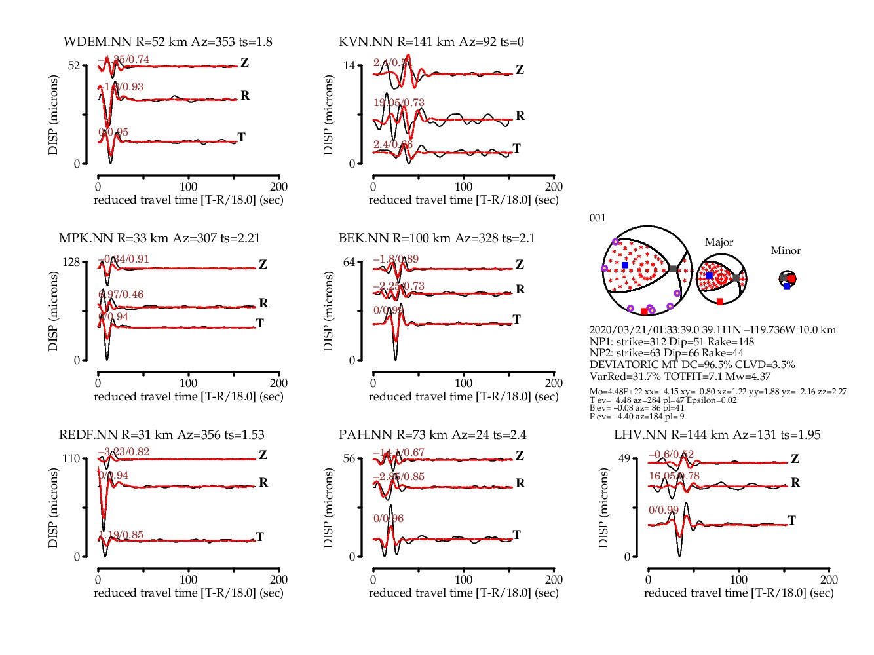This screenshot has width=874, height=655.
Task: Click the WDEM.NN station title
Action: click(x=168, y=42)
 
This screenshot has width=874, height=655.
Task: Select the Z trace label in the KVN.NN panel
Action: click(x=520, y=69)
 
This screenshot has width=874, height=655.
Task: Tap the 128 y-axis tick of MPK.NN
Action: click(x=71, y=262)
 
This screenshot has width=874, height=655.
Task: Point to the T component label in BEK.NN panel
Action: click(x=516, y=319)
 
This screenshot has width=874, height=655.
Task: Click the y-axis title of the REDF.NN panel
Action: click(x=53, y=508)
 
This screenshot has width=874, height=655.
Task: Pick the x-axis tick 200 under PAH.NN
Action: click(x=554, y=579)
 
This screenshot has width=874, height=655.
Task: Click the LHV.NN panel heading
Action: click(x=717, y=435)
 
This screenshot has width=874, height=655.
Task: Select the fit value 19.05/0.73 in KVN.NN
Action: click(x=399, y=103)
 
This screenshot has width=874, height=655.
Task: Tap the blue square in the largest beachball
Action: click(x=625, y=265)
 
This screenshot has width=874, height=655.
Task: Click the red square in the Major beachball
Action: click(x=720, y=301)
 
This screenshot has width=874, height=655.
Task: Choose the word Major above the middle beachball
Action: click(x=719, y=242)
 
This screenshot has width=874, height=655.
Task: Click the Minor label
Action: click(x=786, y=251)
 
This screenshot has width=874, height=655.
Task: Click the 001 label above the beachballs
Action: click(x=598, y=218)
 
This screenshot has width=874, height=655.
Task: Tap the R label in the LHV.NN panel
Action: click(x=795, y=483)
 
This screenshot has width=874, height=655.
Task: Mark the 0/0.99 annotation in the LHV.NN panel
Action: click(x=664, y=510)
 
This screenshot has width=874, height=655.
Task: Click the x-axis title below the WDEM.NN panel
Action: click(x=189, y=200)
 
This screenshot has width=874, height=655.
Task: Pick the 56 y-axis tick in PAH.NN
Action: click(x=349, y=458)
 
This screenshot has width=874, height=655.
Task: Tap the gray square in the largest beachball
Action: click(x=674, y=269)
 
